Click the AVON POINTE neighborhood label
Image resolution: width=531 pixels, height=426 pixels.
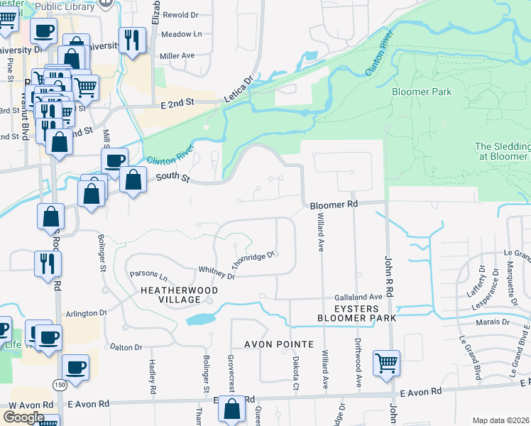[x=279, y=344]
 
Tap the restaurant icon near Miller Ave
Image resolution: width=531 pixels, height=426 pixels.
[x=132, y=40]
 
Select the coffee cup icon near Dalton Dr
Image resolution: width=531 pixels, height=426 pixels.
[x=75, y=368]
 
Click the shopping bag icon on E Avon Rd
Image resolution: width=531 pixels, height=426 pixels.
[x=231, y=409]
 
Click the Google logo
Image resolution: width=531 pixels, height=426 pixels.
[x=23, y=417]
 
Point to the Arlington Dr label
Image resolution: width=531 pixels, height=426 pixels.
[x=86, y=312]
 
